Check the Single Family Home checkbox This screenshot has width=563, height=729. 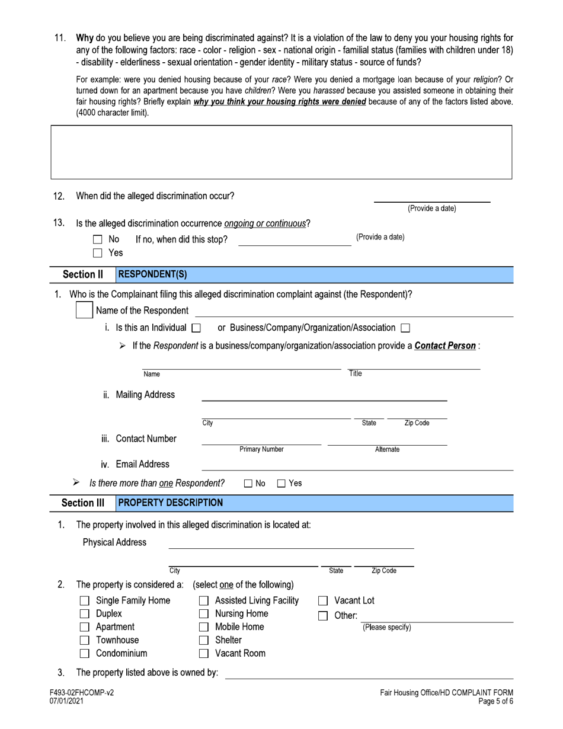click(x=85, y=600)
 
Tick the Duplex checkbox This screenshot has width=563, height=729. click(x=85, y=613)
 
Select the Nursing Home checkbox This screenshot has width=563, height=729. click(x=204, y=613)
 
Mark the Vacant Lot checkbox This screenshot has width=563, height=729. click(x=324, y=600)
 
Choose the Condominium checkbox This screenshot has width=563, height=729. click(x=85, y=654)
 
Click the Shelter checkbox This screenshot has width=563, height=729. click(x=204, y=640)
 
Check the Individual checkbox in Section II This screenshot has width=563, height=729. click(x=197, y=328)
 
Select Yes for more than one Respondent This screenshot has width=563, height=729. click(x=281, y=484)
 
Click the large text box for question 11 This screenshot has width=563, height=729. click(x=281, y=152)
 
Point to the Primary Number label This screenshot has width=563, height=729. click(x=261, y=450)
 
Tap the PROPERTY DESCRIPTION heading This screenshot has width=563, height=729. click(x=171, y=503)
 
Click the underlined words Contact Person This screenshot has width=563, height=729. click(x=445, y=346)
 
